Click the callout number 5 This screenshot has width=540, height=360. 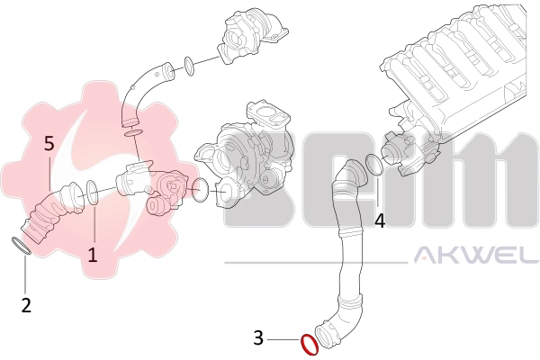(49, 143)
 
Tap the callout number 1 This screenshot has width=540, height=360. (93, 255)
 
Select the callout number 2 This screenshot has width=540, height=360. (26, 305)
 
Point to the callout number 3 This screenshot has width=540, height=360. (258, 338)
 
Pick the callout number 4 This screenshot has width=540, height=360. (380, 220)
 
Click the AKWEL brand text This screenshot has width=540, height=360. (476, 254)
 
